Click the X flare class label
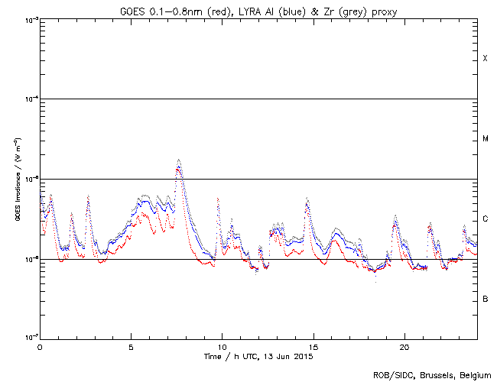pyautogui.click(x=485, y=59)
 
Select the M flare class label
pyautogui.click(x=485, y=139)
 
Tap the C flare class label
pyautogui.click(x=485, y=219)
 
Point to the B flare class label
pyautogui.click(x=485, y=299)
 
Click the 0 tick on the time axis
pyautogui.click(x=40, y=346)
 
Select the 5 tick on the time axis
pyautogui.click(x=131, y=346)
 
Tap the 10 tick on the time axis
pyautogui.click(x=222, y=346)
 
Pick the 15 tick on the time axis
pyautogui.click(x=313, y=346)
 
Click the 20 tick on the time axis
pyautogui.click(x=404, y=346)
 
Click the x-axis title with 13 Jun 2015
pyautogui.click(x=258, y=356)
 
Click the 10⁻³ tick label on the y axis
pyautogui.click(x=29, y=19)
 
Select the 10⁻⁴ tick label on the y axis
pyautogui.click(x=29, y=99)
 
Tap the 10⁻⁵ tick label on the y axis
pyautogui.click(x=29, y=180)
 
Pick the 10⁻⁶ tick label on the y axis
pyautogui.click(x=29, y=260)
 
